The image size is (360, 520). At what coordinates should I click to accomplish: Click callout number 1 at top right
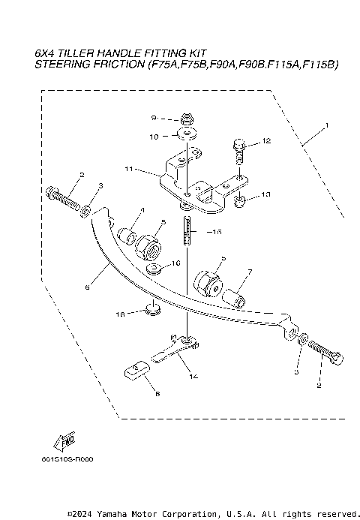tap(326, 123)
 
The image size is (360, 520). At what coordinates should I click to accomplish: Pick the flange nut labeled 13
tap(241, 200)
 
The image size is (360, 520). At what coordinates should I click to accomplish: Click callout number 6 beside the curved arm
tap(88, 286)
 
